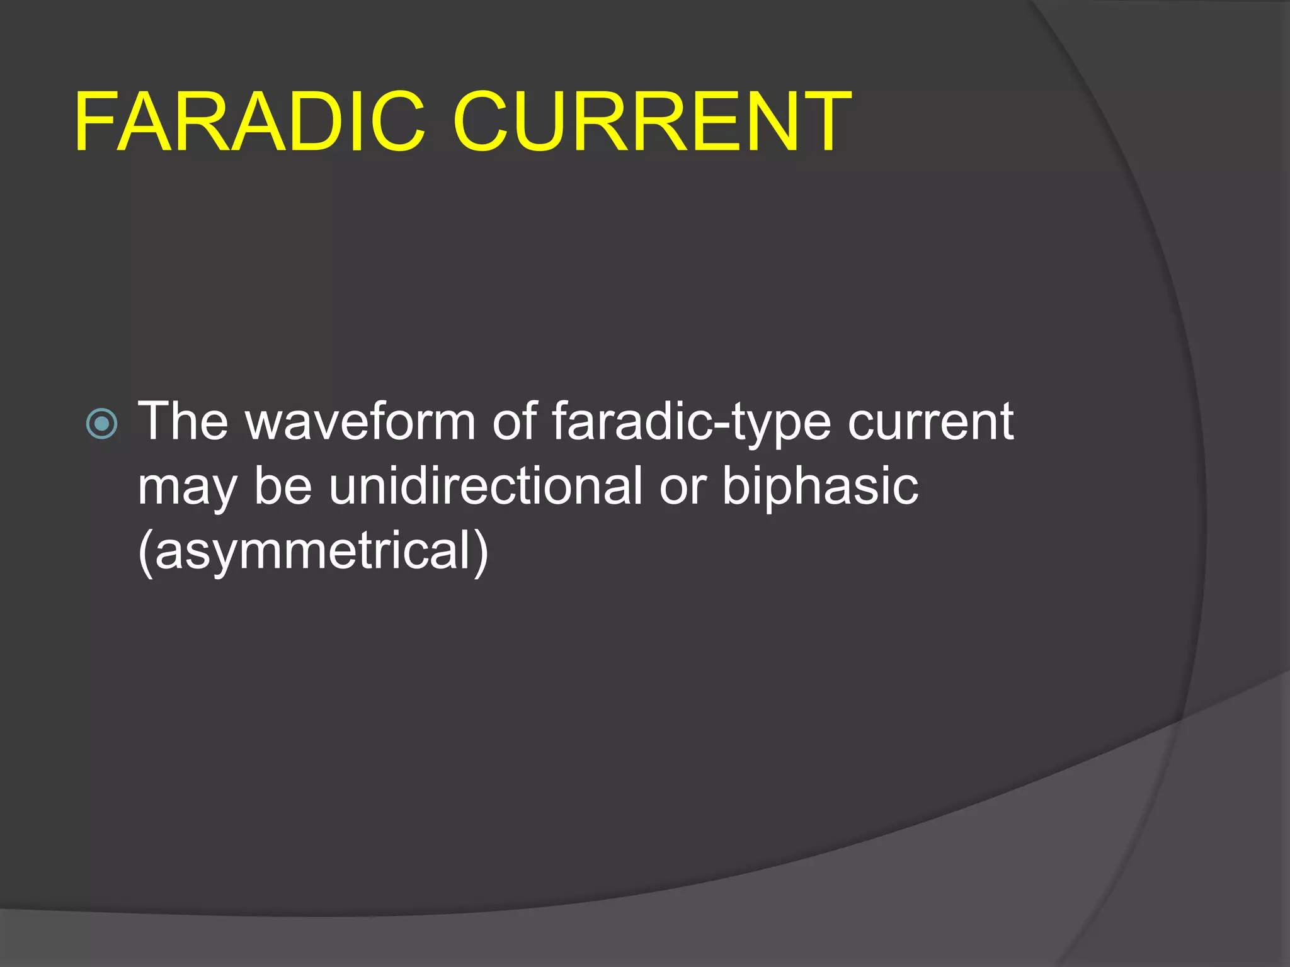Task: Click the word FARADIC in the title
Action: (249, 122)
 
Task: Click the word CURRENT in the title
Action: (651, 122)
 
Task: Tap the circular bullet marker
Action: (101, 423)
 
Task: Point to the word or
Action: (682, 489)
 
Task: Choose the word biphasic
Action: (819, 487)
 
